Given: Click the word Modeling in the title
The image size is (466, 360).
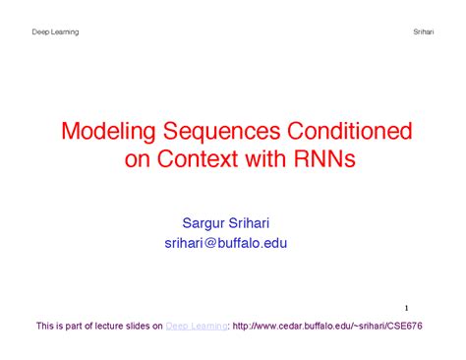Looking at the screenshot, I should (x=108, y=132).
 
